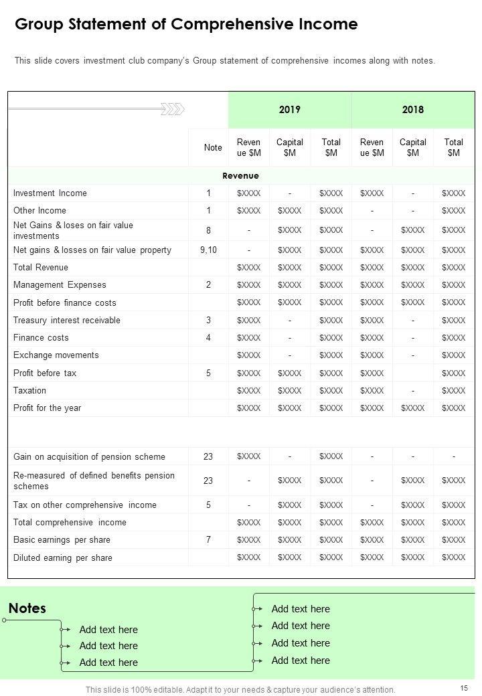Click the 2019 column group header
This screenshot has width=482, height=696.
289,110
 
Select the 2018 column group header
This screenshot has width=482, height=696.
412,110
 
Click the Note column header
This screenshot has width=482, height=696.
213,147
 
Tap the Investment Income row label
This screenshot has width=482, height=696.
50,193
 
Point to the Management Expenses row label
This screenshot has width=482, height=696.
60,285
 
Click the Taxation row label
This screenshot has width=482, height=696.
29,391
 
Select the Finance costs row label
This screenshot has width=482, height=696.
41,338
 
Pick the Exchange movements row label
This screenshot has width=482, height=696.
56,355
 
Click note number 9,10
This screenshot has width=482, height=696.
208,250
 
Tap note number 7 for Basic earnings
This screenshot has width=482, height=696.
208,540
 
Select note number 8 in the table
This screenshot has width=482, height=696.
208,230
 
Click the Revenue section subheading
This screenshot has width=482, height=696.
240,176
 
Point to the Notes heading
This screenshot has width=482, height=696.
27,608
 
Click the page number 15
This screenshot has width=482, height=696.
465,688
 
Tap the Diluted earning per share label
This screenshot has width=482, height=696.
63,558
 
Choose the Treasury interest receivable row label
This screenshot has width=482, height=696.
67,321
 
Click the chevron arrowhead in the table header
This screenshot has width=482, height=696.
175,109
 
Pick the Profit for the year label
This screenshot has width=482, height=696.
47,408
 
